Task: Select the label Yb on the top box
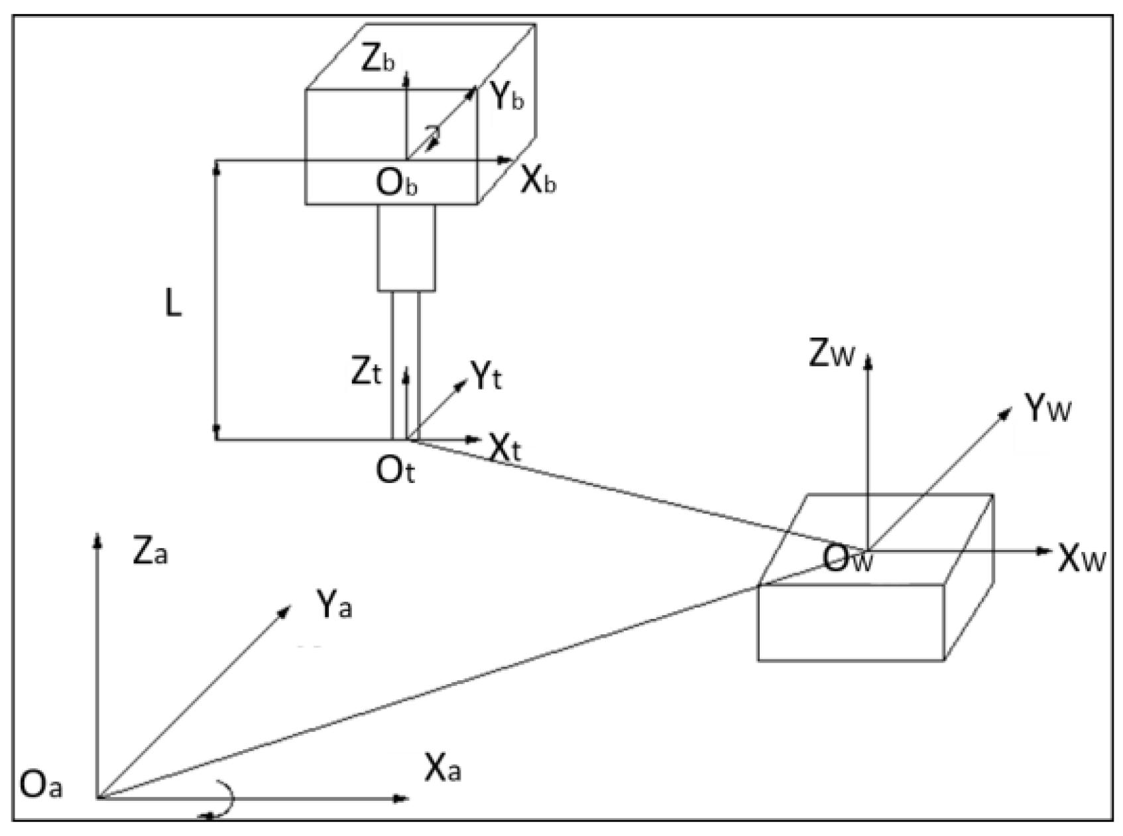coord(507,99)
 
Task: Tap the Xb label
coord(538,180)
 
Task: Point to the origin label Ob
coord(396,182)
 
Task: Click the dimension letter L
coord(173,305)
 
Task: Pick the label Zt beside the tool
coord(367,374)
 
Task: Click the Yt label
coord(486,376)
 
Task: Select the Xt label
coord(505,449)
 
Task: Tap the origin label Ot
coord(395,472)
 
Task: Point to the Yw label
coord(1047,408)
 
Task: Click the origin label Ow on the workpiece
coord(847,559)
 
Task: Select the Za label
coord(150,552)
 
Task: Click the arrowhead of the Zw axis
coord(868,362)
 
